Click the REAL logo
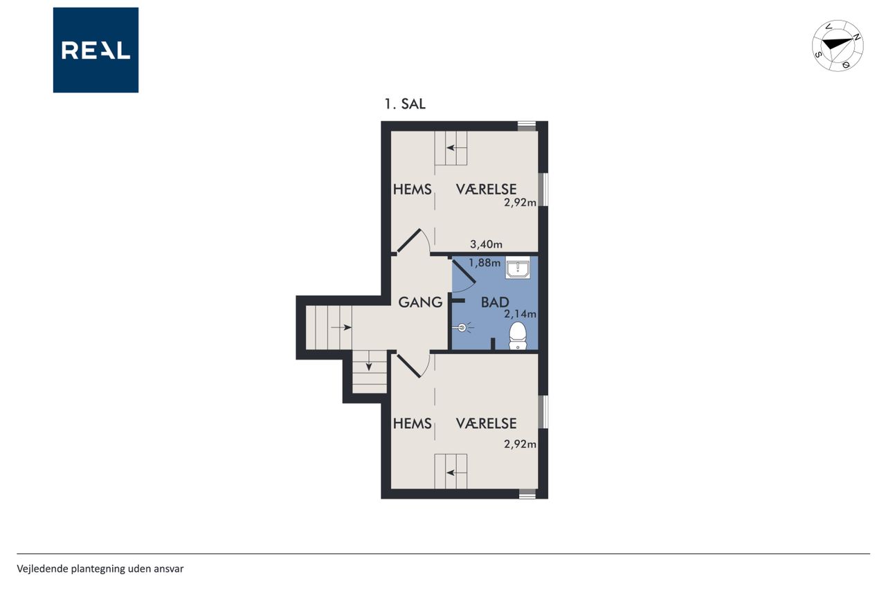click(96, 50)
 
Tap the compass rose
click(838, 46)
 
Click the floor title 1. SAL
click(405, 104)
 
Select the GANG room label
click(420, 302)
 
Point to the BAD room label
click(495, 302)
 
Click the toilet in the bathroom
click(517, 335)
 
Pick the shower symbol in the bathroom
click(464, 328)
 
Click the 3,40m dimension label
click(486, 245)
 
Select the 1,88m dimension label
click(485, 263)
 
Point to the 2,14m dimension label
click(520, 314)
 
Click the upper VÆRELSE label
click(486, 190)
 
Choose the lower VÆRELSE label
click(486, 423)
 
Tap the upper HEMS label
click(412, 190)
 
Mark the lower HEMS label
click(412, 423)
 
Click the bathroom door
click(464, 273)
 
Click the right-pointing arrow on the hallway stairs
click(341, 327)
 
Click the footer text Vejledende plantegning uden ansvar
click(100, 569)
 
